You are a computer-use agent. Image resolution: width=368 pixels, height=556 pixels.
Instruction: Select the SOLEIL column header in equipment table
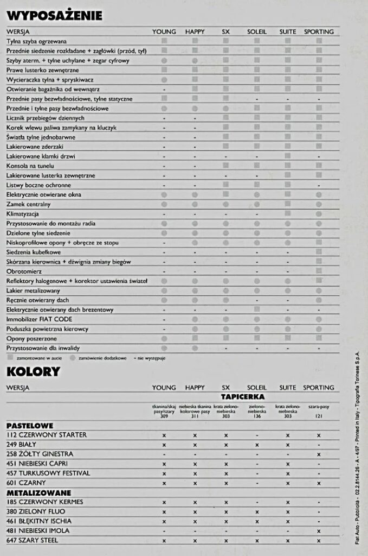(257, 31)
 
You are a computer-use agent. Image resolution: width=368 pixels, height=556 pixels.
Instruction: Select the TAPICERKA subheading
(242, 397)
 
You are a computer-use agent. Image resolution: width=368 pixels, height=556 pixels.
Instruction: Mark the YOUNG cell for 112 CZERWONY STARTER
(164, 435)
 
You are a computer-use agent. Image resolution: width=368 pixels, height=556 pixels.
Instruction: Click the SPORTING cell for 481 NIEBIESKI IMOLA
(319, 531)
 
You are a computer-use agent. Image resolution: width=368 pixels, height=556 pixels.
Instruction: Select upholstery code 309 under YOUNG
(164, 416)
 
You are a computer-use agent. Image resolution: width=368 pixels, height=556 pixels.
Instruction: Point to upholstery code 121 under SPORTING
(319, 416)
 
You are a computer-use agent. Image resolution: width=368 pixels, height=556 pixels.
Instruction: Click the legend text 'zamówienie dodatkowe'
(102, 358)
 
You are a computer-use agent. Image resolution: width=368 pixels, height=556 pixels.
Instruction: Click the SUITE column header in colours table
(288, 388)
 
